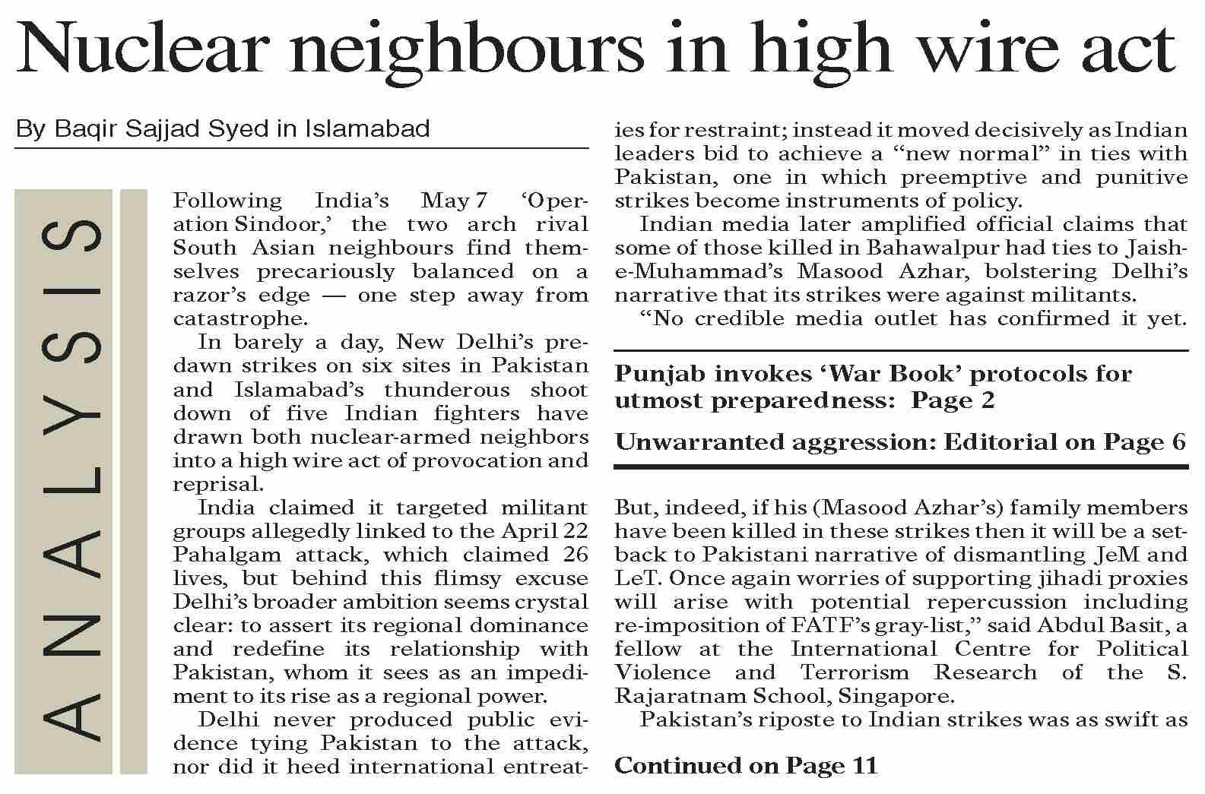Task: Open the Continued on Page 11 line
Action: coord(746,765)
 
